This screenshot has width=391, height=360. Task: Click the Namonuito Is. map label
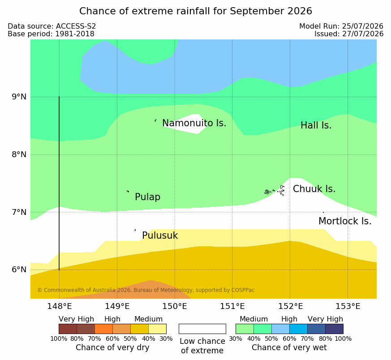tap(194, 123)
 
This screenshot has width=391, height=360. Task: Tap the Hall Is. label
tap(316, 125)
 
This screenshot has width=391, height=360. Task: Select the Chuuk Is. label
tap(314, 189)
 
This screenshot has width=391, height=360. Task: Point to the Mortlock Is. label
tap(345, 221)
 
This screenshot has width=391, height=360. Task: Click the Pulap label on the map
tap(147, 197)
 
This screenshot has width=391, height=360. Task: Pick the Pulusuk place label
tap(160, 236)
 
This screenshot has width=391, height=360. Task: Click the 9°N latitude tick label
tap(19, 97)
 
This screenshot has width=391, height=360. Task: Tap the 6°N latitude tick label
tap(19, 270)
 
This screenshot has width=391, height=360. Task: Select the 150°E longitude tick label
tap(175, 306)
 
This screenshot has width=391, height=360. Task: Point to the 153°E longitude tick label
tap(348, 306)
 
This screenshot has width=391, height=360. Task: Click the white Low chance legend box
tap(202, 329)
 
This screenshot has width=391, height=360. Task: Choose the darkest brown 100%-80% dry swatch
tap(68, 329)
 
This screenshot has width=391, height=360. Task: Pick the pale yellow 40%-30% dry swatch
tap(157, 329)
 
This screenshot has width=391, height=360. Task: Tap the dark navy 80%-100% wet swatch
tap(334, 329)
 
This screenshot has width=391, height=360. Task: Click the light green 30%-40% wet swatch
tap(245, 329)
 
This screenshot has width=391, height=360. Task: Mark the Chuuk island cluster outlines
tap(275, 191)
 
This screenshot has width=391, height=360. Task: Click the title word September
tap(258, 11)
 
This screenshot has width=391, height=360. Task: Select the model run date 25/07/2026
tap(363, 26)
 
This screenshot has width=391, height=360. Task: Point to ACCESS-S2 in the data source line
tap(76, 26)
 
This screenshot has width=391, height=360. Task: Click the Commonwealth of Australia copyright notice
tap(146, 290)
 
